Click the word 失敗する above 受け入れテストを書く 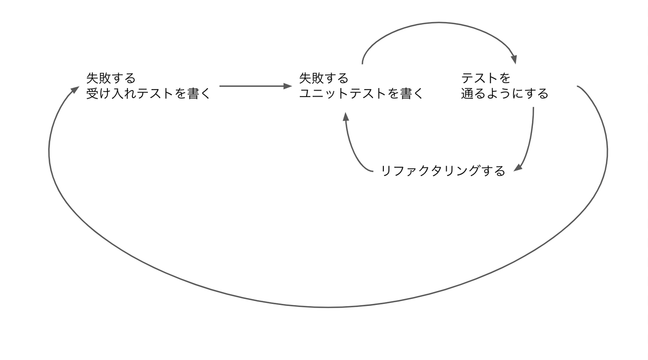coord(111,78)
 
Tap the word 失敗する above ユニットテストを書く coord(323,78)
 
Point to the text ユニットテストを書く coord(361,93)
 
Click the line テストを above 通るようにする coord(486,78)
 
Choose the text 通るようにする coord(504,93)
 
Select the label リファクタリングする coord(443,171)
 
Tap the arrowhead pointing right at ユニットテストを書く coord(287,86)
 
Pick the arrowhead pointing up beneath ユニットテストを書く coord(346,116)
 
